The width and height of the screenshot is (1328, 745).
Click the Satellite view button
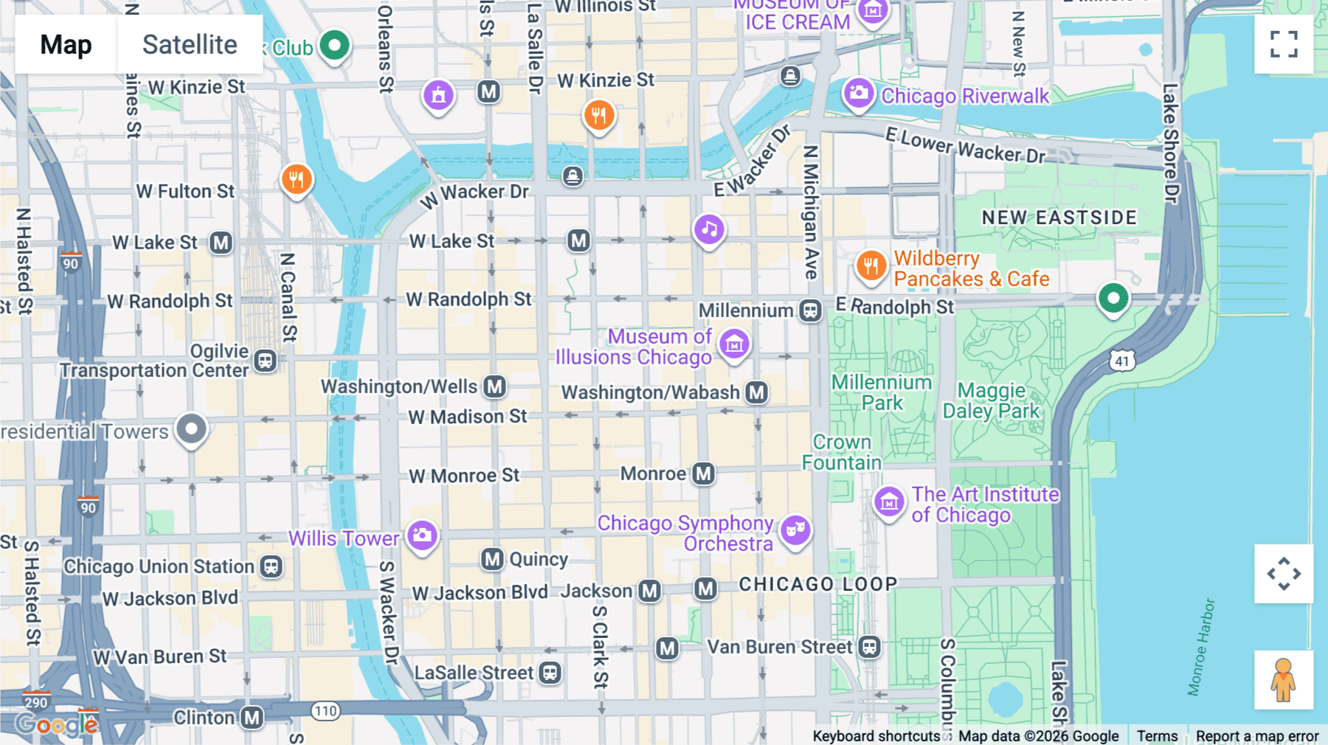190,44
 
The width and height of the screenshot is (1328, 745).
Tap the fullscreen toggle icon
1284,44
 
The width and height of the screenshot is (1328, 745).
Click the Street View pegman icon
1284,680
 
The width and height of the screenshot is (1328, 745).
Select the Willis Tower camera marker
422,536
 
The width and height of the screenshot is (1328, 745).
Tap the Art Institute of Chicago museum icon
889,502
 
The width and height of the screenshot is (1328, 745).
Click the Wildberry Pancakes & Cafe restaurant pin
871,266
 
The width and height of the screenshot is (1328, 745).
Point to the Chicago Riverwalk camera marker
859,93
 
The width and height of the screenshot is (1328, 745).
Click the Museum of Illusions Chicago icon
734,344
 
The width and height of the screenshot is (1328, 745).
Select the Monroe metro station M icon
703,474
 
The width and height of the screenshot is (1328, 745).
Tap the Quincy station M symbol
492,559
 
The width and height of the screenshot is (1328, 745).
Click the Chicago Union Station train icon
272,566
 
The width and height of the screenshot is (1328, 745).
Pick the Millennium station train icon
811,311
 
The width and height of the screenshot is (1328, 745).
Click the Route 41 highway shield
1122,361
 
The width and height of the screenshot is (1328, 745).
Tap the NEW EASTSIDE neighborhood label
1059,218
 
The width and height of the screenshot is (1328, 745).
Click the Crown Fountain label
842,452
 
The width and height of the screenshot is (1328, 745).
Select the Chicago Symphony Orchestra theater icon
795,529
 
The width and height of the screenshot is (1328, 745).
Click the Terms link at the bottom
1157,735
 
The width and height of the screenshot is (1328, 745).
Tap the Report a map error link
1256,735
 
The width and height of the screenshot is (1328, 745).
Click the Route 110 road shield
325,711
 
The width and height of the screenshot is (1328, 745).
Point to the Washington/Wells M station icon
495,387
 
